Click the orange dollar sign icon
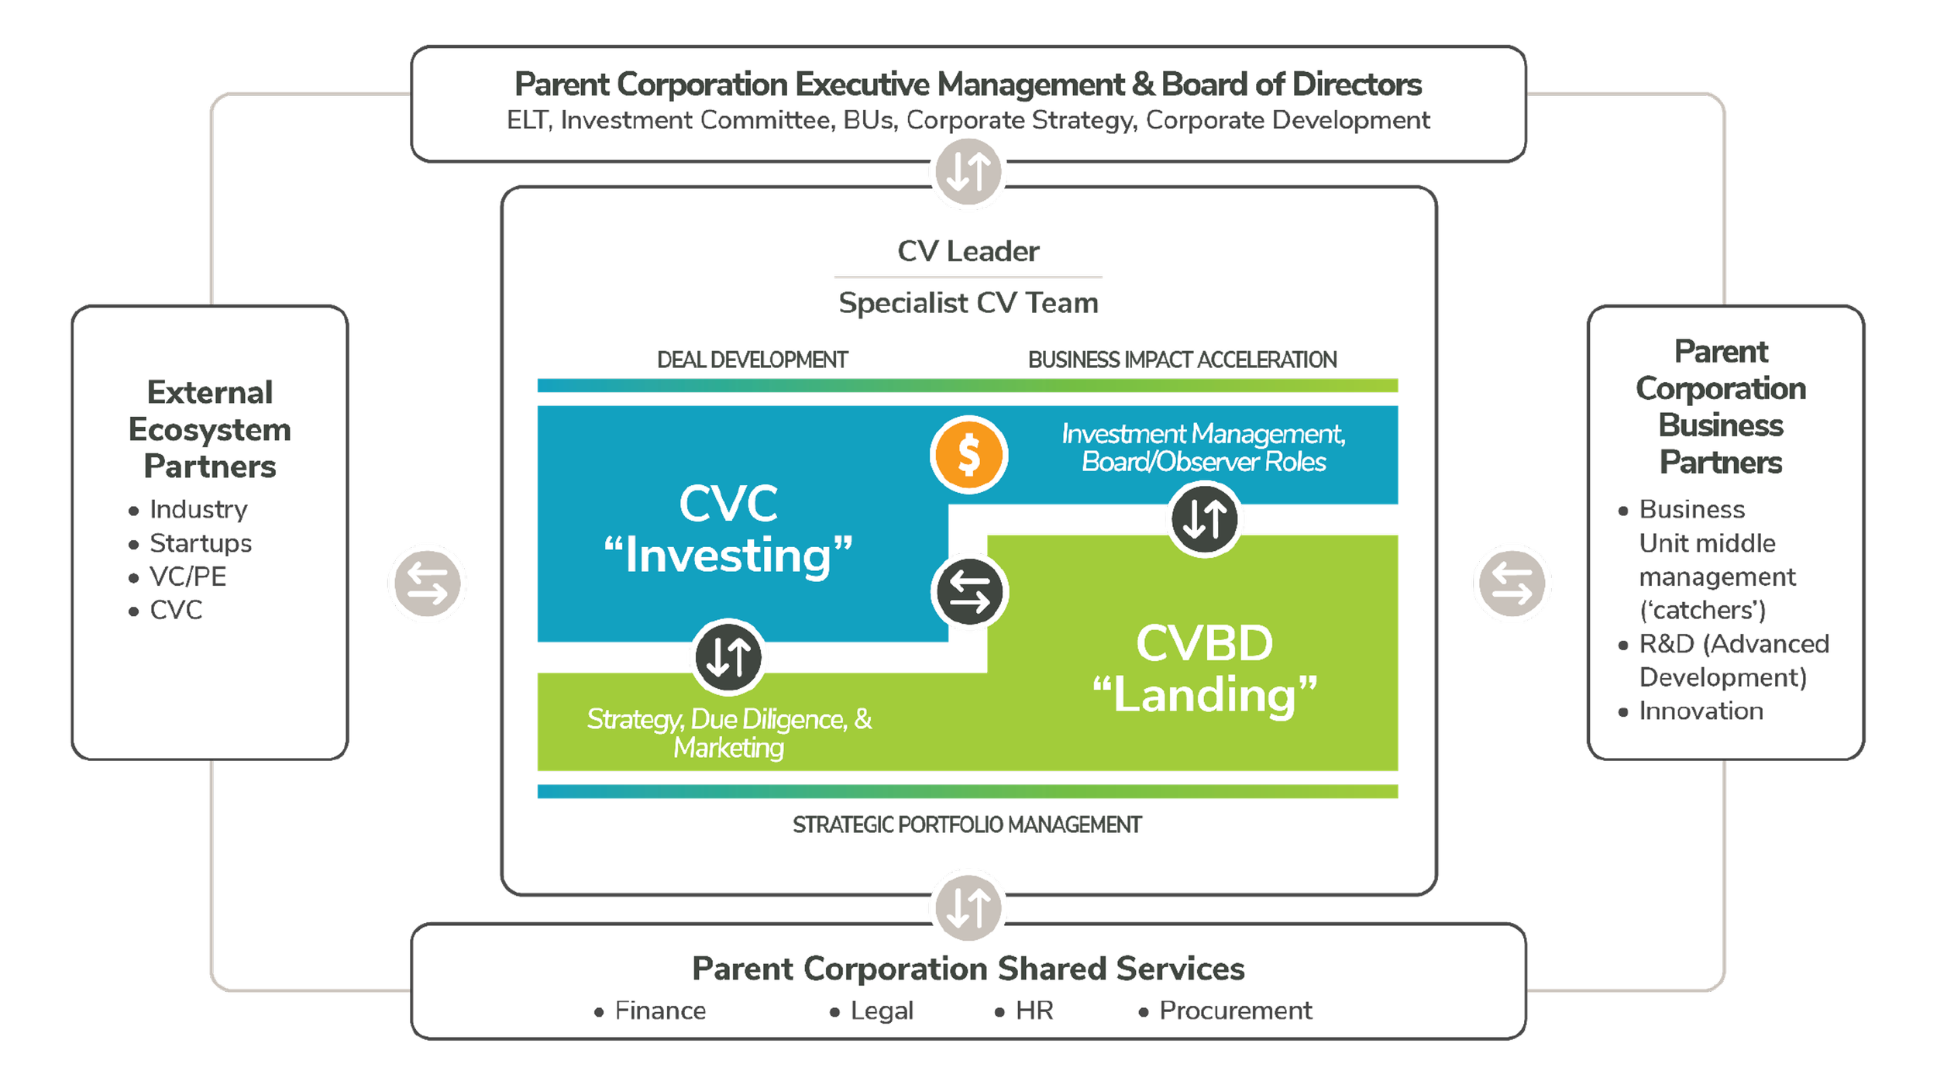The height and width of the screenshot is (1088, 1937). pyautogui.click(x=968, y=455)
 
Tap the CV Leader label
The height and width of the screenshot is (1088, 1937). pyautogui.click(x=968, y=251)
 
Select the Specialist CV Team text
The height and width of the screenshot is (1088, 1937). pyautogui.click(x=968, y=303)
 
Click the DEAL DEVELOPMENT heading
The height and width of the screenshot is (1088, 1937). pyautogui.click(x=752, y=360)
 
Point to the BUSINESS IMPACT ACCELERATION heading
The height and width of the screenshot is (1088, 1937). pyautogui.click(x=1182, y=360)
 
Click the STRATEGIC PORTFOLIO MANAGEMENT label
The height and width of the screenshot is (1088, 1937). pyautogui.click(x=967, y=825)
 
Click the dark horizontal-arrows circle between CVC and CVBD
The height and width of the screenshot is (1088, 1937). pyautogui.click(x=969, y=592)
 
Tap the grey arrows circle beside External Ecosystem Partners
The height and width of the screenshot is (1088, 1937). pyautogui.click(x=428, y=584)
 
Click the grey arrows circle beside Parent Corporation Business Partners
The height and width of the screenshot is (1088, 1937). pyautogui.click(x=1512, y=584)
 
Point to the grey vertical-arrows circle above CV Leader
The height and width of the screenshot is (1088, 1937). pyautogui.click(x=968, y=171)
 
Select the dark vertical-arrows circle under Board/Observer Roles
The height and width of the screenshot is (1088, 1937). pyautogui.click(x=1204, y=518)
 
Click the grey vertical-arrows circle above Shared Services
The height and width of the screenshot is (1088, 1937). pyautogui.click(x=968, y=907)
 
